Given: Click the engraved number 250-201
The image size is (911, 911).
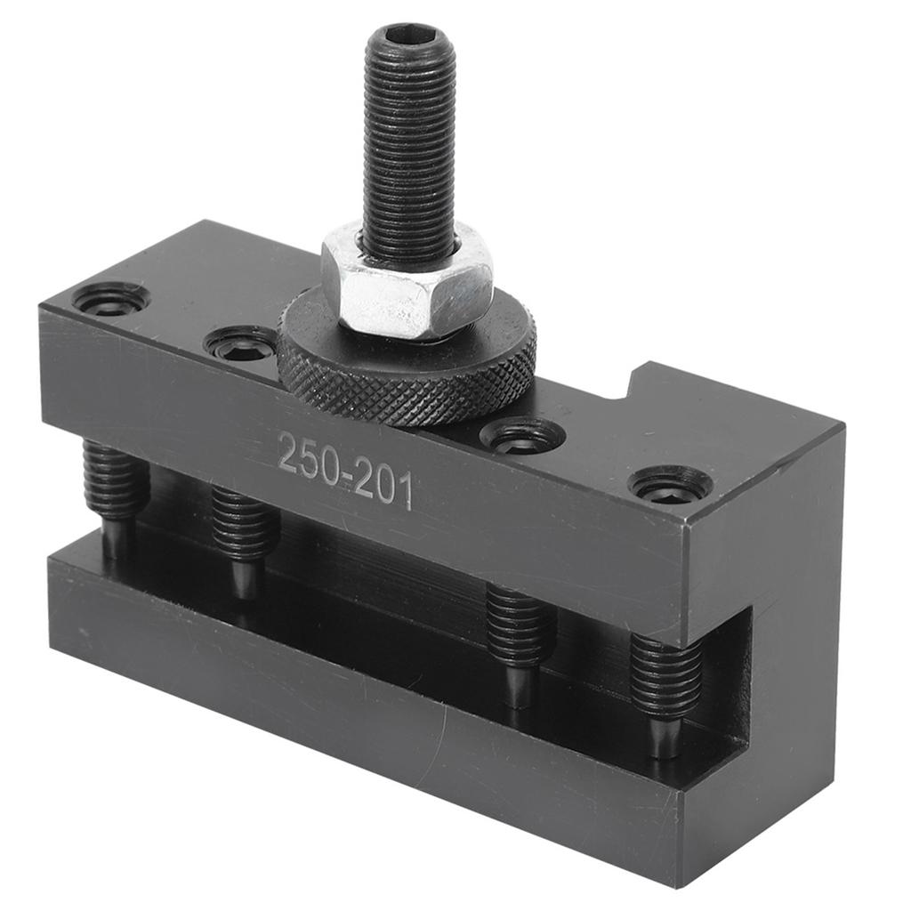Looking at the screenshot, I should (345, 470).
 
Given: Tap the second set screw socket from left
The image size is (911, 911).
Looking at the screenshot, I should (240, 343).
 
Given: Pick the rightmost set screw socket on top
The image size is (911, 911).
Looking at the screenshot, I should (669, 484).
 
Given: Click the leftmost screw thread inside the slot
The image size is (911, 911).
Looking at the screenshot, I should (114, 480).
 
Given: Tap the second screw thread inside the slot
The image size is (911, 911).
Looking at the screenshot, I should (245, 525).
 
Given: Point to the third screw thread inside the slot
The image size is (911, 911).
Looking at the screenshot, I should (520, 626).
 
